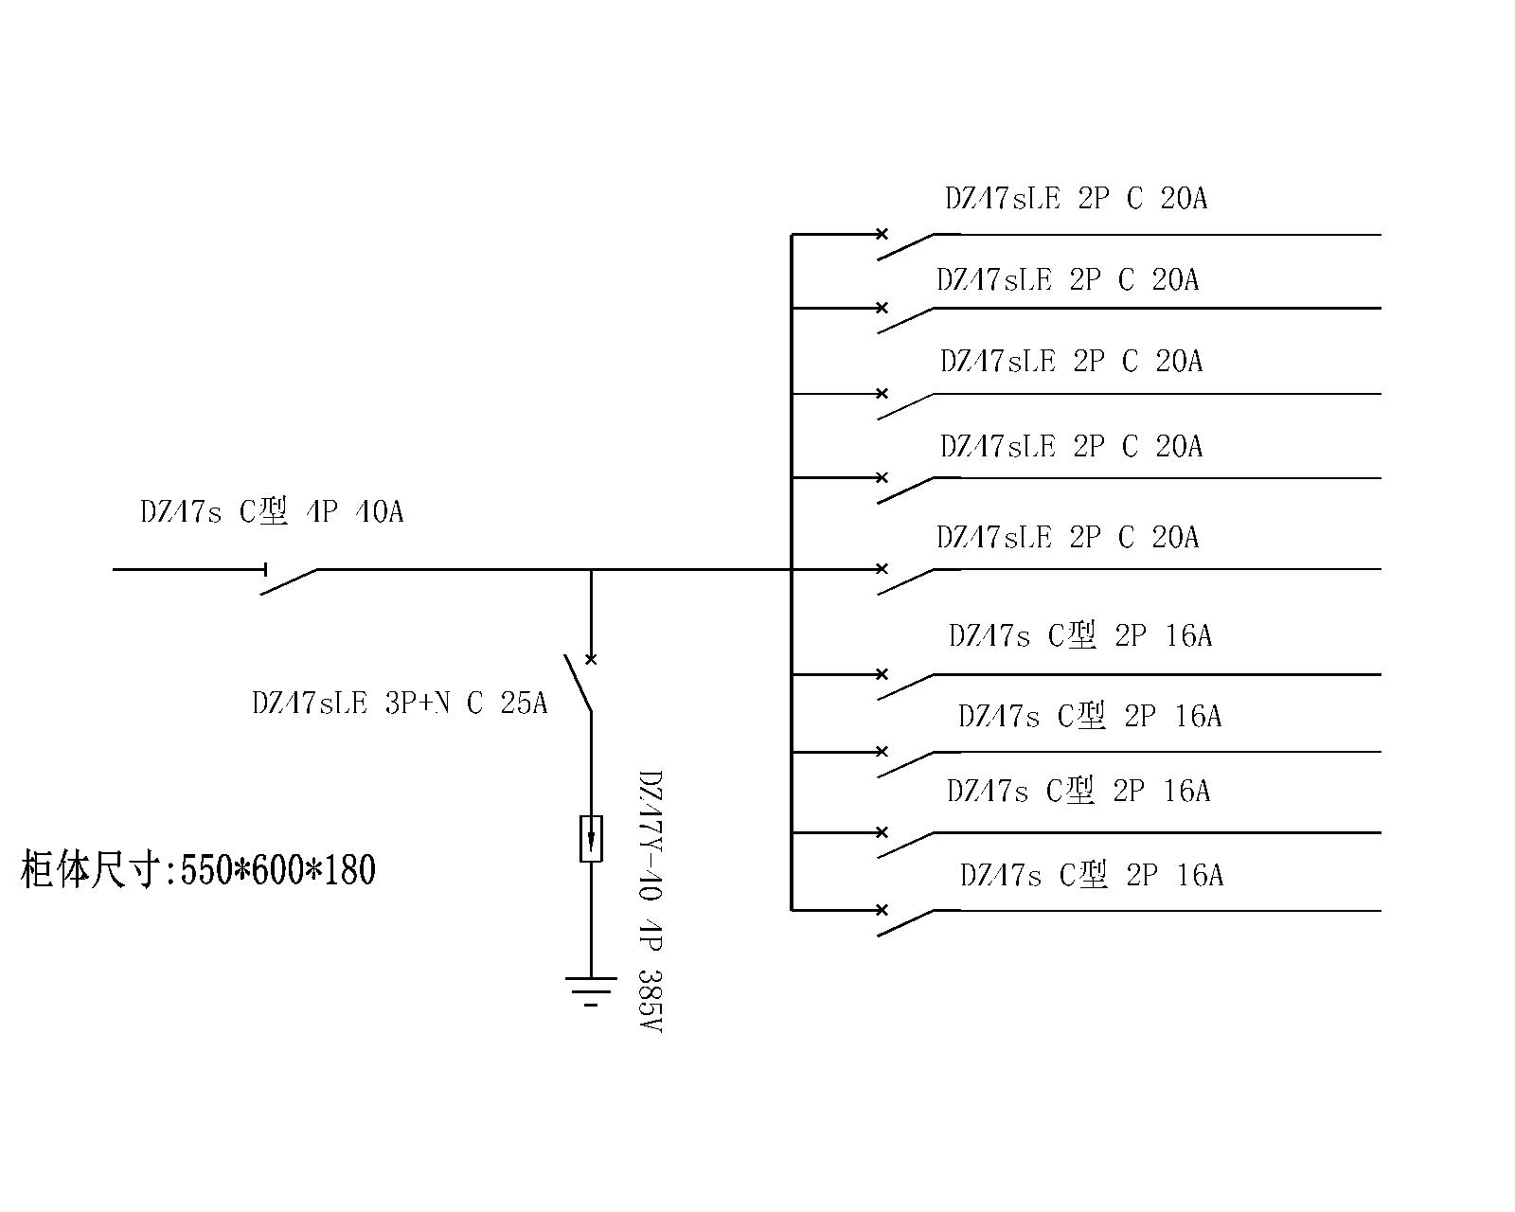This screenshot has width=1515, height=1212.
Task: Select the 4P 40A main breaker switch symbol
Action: click(289, 579)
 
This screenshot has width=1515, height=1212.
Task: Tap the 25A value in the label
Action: click(524, 704)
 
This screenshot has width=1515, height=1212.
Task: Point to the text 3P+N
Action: click(418, 704)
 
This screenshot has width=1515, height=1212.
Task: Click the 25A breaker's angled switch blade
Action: click(578, 684)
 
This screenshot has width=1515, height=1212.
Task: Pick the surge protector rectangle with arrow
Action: click(591, 838)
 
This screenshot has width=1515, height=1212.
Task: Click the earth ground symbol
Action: click(591, 989)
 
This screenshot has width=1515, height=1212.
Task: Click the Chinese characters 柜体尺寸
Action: click(90, 870)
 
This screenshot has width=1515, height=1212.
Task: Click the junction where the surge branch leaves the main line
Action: click(591, 570)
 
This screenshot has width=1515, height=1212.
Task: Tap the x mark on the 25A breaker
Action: click(591, 659)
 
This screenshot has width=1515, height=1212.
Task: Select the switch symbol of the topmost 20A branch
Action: click(904, 245)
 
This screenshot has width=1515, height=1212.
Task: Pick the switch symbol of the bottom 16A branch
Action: click(904, 922)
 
